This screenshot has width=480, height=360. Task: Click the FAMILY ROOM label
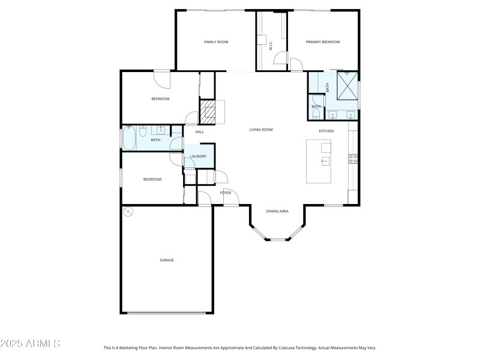[x=216, y=42]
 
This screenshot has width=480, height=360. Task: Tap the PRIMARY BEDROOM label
[x=323, y=42]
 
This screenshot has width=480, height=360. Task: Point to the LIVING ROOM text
[x=261, y=130]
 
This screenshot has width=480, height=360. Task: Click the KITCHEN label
[x=326, y=131]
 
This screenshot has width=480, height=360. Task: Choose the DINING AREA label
[x=277, y=211]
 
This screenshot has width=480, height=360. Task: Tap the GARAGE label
[x=167, y=260]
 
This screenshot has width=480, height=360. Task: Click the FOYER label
[x=226, y=193]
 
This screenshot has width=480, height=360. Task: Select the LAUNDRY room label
[x=199, y=157]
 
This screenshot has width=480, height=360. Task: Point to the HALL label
[x=199, y=132]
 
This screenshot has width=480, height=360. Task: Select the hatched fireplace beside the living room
[x=208, y=112]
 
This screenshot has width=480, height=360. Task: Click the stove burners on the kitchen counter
[x=353, y=159]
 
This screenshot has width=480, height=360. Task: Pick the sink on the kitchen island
[x=325, y=161]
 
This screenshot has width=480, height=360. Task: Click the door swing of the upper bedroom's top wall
[x=162, y=78]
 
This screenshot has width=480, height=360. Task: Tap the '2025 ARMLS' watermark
[x=30, y=344]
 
